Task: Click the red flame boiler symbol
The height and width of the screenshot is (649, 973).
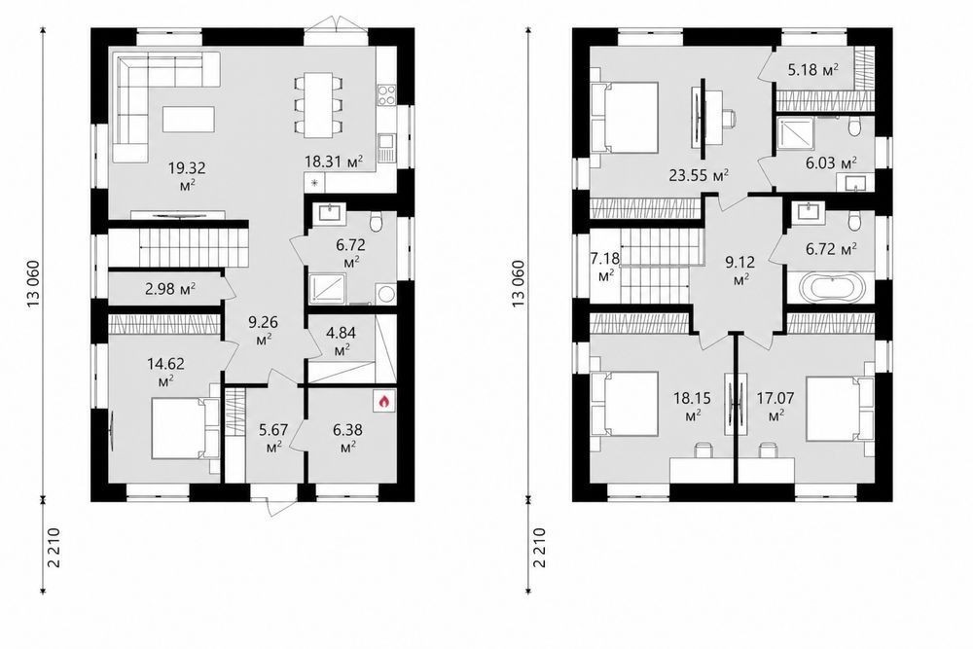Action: [384, 402]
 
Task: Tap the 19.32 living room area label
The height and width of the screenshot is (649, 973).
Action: [187, 175]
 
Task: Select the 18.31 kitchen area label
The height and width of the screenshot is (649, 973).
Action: [333, 162]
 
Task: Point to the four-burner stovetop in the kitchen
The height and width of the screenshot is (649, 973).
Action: [386, 94]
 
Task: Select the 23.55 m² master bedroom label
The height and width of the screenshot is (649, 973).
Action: [699, 175]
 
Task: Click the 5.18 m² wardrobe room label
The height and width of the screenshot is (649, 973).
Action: [812, 69]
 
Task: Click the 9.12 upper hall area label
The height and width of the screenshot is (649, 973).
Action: [739, 271]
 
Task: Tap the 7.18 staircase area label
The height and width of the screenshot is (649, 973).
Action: [605, 267]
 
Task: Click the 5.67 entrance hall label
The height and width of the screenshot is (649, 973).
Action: [273, 437]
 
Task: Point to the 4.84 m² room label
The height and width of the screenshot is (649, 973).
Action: [341, 342]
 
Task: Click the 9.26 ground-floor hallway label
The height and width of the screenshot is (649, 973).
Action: [263, 331]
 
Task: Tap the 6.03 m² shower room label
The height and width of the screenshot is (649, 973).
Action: [831, 163]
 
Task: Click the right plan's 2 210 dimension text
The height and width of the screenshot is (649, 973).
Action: [539, 547]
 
